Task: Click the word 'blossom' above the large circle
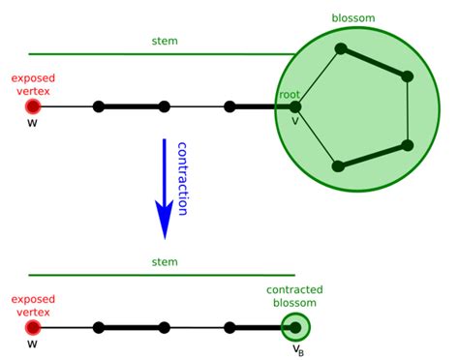click(352, 17)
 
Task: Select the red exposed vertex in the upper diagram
click(33, 106)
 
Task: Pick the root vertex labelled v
click(295, 106)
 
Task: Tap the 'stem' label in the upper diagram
click(165, 42)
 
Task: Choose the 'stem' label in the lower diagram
click(165, 262)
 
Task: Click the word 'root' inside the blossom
click(290, 94)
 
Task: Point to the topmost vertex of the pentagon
click(339, 47)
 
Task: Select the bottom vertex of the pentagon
click(338, 165)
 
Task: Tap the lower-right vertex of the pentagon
click(408, 145)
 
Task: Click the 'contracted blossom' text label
click(294, 297)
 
